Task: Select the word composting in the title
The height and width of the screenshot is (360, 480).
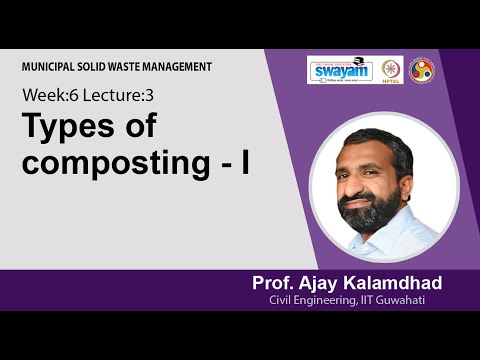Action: pos(109,164)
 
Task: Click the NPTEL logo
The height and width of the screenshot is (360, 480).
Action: pos(391,69)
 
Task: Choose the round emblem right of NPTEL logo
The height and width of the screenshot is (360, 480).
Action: pos(422,69)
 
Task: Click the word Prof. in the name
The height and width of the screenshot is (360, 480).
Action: pos(275,284)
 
